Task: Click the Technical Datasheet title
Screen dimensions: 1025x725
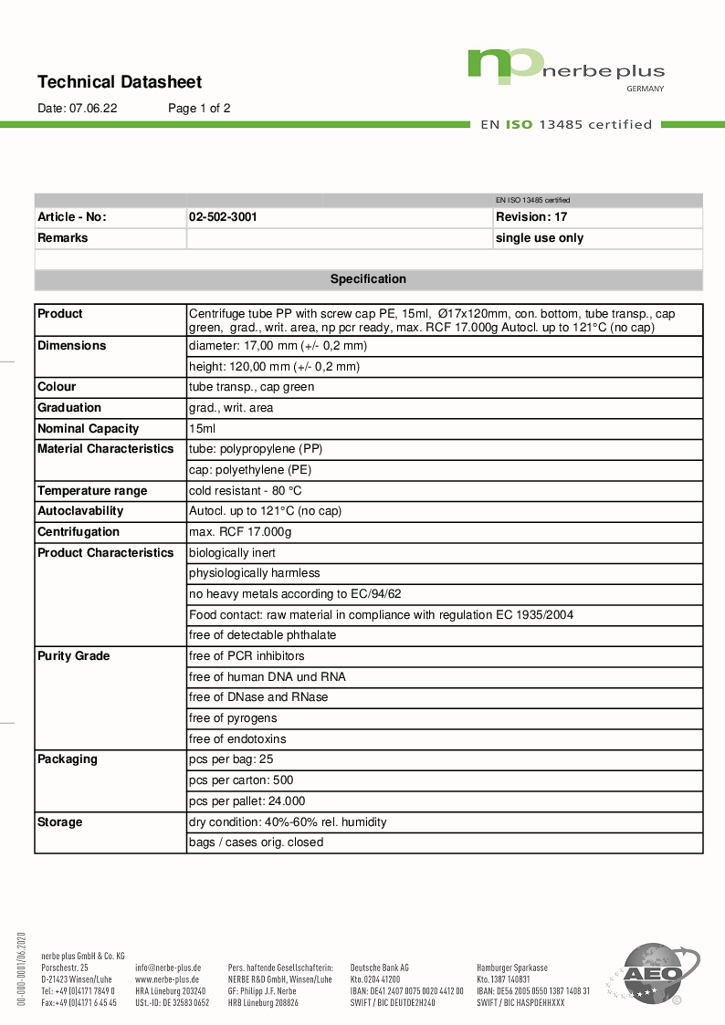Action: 120,82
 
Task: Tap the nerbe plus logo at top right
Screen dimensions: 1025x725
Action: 566,69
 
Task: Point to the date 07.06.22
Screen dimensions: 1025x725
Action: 93,108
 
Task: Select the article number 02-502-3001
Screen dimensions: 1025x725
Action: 223,217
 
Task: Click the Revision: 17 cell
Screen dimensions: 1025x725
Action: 531,217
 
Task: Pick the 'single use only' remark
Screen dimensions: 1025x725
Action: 540,238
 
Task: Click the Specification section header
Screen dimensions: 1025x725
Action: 368,279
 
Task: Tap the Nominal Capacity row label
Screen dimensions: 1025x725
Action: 89,429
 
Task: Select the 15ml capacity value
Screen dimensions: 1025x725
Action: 203,429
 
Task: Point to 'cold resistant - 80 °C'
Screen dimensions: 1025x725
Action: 246,491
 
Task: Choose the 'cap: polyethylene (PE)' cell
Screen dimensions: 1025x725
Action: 250,470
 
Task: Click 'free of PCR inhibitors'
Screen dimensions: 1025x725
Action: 247,656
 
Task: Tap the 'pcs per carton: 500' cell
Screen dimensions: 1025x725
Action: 241,780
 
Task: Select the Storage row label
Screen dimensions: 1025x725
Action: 60,822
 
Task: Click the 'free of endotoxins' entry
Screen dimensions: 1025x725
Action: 237,739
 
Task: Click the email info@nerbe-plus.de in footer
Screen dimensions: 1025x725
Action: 168,967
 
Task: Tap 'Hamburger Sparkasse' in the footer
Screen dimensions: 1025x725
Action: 512,967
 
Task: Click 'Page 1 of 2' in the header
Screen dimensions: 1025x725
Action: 199,108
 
